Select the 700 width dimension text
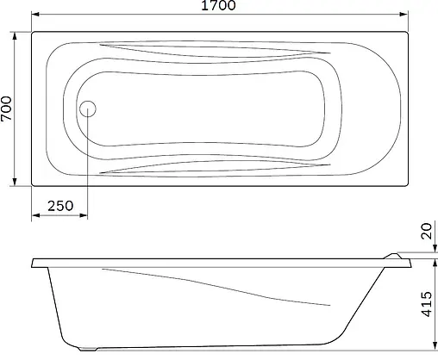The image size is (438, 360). click(8, 109)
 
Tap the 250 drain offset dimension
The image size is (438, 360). click(59, 207)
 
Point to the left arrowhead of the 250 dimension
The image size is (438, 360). click(34, 217)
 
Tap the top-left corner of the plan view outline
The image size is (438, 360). click(32, 32)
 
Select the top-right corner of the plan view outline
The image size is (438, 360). click(408, 32)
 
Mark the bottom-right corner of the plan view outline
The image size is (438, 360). click(408, 187)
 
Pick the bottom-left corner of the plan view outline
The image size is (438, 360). click(32, 187)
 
